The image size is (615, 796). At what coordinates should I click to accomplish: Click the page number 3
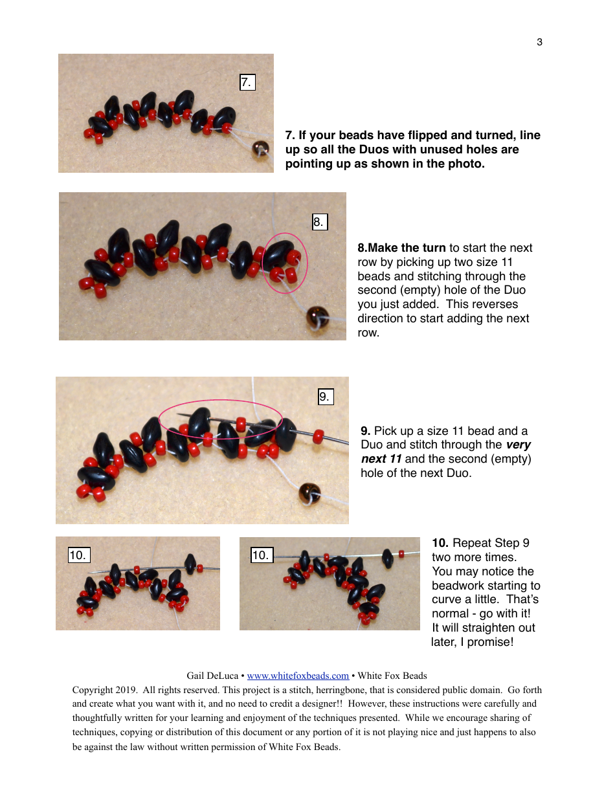click(539, 43)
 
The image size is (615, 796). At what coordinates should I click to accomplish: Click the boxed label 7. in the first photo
click(247, 82)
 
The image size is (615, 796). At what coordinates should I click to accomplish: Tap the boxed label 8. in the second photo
click(319, 222)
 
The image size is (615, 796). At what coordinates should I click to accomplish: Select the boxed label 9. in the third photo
click(325, 397)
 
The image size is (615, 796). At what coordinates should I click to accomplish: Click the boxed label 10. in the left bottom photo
click(78, 555)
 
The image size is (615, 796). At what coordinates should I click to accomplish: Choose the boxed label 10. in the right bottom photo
click(261, 555)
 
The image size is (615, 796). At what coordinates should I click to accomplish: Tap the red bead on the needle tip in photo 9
click(318, 436)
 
